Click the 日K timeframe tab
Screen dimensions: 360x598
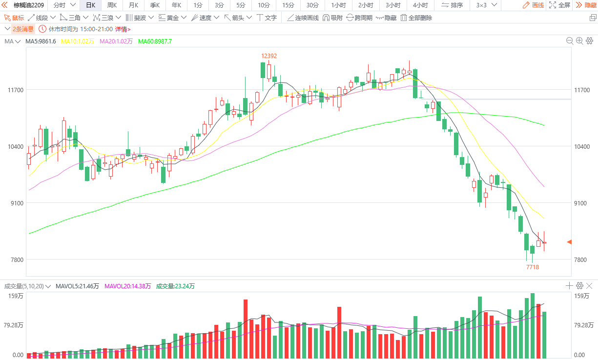[x=90, y=5]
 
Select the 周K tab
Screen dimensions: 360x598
[x=112, y=5]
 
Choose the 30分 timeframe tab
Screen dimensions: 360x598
[x=312, y=5]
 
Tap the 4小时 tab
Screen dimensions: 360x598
[x=420, y=5]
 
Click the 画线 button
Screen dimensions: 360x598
[x=533, y=5]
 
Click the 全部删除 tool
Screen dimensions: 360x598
[x=416, y=18]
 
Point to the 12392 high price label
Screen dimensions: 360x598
[x=268, y=56]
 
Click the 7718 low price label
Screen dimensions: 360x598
[x=532, y=267]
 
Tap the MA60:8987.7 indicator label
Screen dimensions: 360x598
[x=155, y=41]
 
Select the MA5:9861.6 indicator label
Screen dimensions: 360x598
[x=41, y=41]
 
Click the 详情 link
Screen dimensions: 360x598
[x=123, y=29]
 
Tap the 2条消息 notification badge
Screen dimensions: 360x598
[x=22, y=29]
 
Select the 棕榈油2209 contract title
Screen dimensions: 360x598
[x=29, y=5]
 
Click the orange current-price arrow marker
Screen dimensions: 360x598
[x=569, y=242]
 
